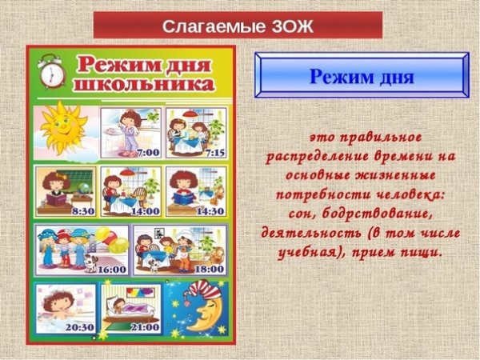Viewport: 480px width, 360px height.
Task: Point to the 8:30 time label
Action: pos(83,211)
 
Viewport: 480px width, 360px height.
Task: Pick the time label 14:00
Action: pos(146,211)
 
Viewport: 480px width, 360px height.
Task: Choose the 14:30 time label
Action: pos(211,211)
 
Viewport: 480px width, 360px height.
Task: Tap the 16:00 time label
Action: pos(111,270)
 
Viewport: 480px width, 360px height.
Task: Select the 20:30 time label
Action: pos(81,328)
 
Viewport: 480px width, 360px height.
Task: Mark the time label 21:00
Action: pos(145,328)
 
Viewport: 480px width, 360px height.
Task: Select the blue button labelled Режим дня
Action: pos(361,78)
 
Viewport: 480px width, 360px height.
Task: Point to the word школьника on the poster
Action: pos(142,82)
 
